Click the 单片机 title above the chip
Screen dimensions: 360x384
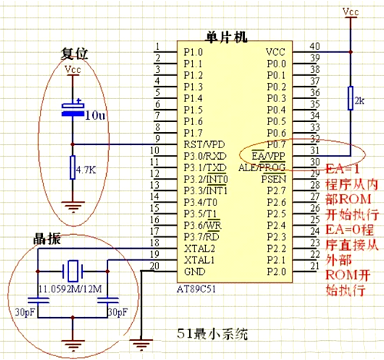[x=227, y=36]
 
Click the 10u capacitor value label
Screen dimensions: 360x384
[x=95, y=116]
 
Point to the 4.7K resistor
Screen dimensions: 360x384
[x=72, y=168]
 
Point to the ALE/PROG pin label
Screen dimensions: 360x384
[x=263, y=167]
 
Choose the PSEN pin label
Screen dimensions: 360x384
[x=273, y=178]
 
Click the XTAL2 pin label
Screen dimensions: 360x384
[x=197, y=248]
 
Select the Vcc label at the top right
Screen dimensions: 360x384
[x=350, y=12]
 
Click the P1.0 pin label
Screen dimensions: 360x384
[x=193, y=51]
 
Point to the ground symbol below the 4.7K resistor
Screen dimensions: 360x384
[x=72, y=205]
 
